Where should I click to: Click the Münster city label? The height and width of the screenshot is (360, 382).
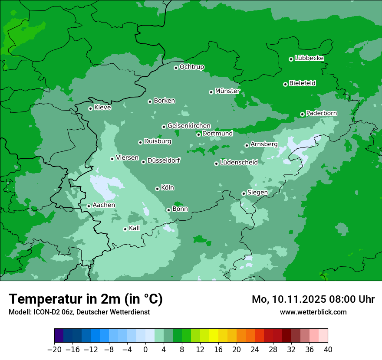point(227,91)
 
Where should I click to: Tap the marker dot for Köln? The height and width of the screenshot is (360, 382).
point(157,189)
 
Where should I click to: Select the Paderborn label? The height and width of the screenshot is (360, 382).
point(321,113)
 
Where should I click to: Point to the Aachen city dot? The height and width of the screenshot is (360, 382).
point(89,206)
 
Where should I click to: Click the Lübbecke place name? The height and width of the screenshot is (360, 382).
point(309,58)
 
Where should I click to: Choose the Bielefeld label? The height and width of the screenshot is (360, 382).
point(302,83)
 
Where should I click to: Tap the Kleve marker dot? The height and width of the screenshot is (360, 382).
point(90,108)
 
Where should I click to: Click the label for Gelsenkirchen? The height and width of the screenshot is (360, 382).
point(189,126)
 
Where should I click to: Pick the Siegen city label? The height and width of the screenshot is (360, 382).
point(257,192)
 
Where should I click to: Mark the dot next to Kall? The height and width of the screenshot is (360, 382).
point(125,229)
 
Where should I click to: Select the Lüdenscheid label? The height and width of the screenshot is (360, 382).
point(239,163)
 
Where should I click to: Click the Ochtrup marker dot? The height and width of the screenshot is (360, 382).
point(176,68)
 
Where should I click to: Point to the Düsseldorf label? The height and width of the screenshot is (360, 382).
point(164,160)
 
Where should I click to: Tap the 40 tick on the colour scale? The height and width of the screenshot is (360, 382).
point(328,350)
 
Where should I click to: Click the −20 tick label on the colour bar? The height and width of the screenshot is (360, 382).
point(54,350)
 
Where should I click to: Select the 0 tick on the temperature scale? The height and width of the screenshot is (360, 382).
point(145,350)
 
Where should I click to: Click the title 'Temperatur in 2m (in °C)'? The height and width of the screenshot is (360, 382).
point(86,299)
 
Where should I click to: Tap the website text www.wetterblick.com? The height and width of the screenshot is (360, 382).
point(313,312)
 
